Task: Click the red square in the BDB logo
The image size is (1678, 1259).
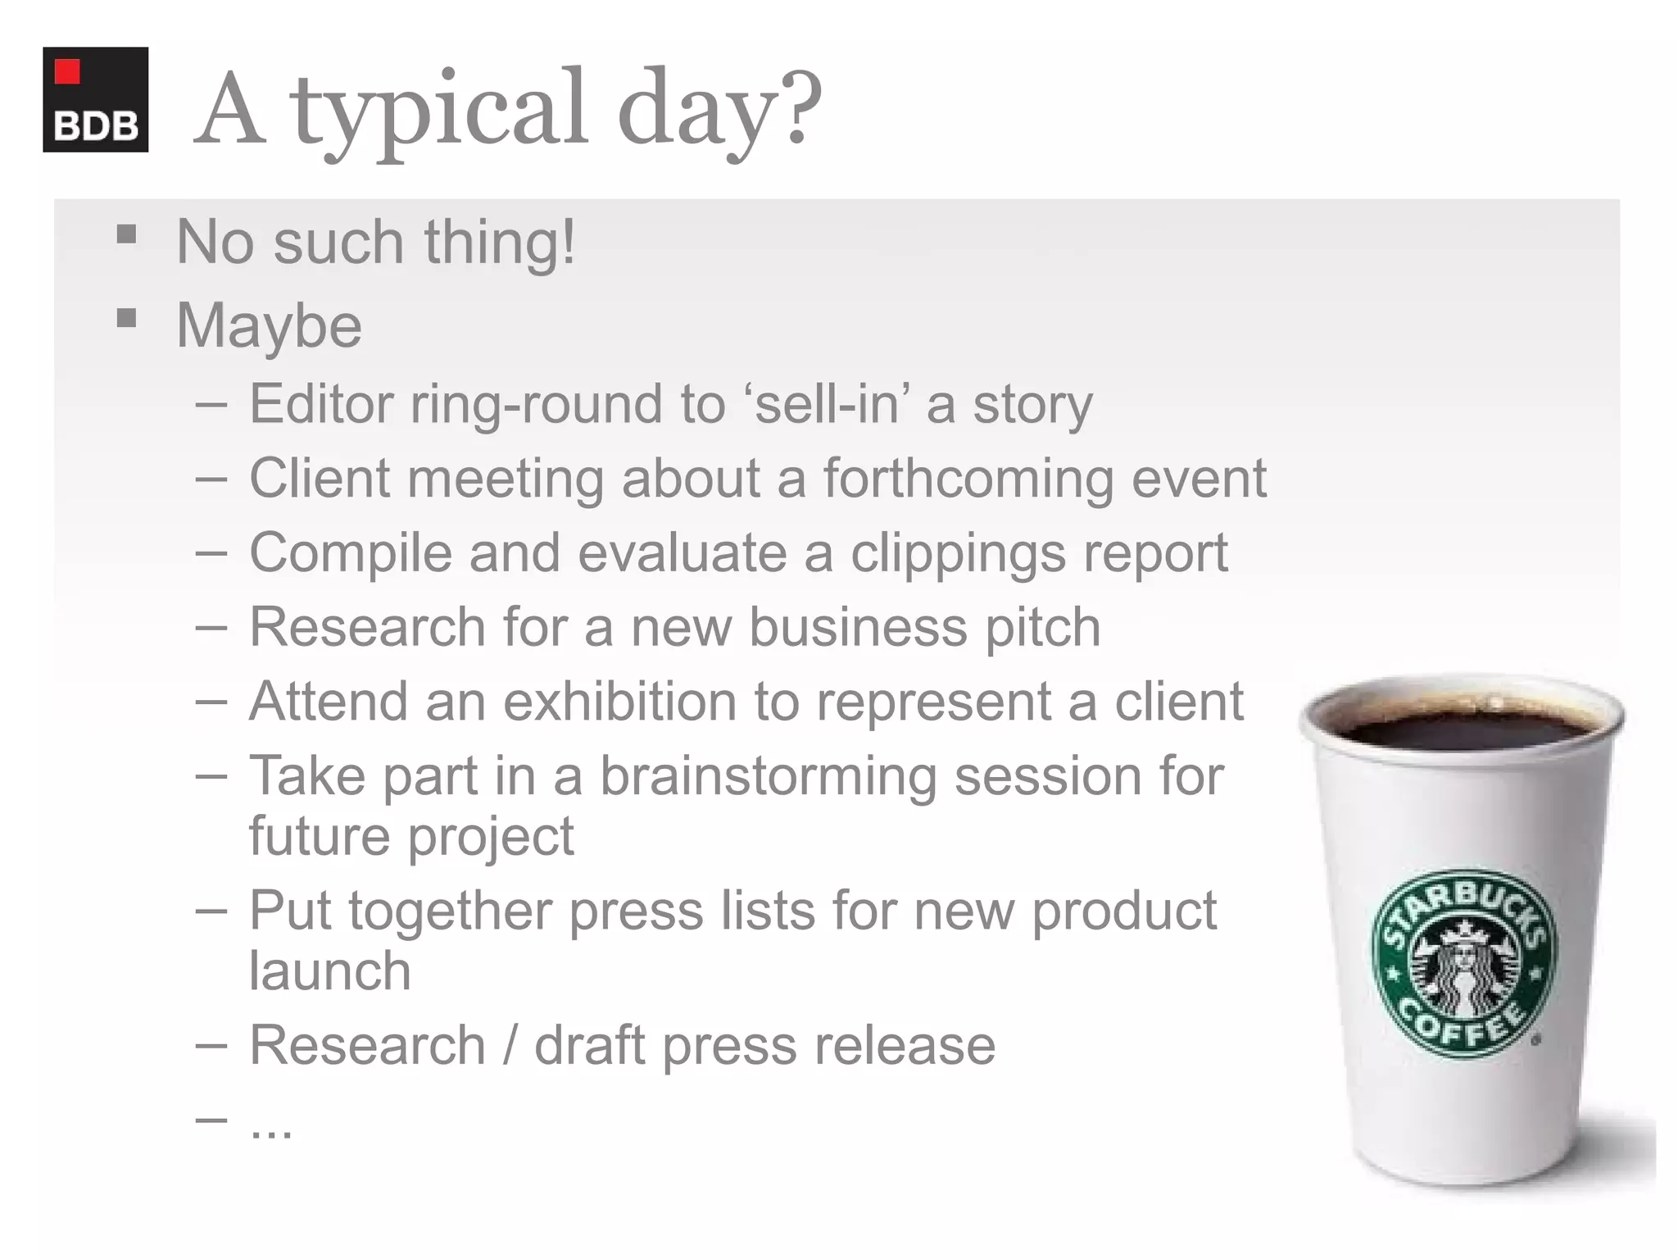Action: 67,71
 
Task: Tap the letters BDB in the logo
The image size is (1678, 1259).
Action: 96,126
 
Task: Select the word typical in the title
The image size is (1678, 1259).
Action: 438,111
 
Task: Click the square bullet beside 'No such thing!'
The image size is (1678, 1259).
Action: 126,235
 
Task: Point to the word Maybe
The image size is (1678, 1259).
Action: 269,325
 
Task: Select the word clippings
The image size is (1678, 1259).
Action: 958,553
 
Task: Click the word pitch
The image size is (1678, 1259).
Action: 1042,628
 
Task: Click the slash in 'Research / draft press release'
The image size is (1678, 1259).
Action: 510,1045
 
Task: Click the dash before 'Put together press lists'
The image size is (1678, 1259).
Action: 211,911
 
